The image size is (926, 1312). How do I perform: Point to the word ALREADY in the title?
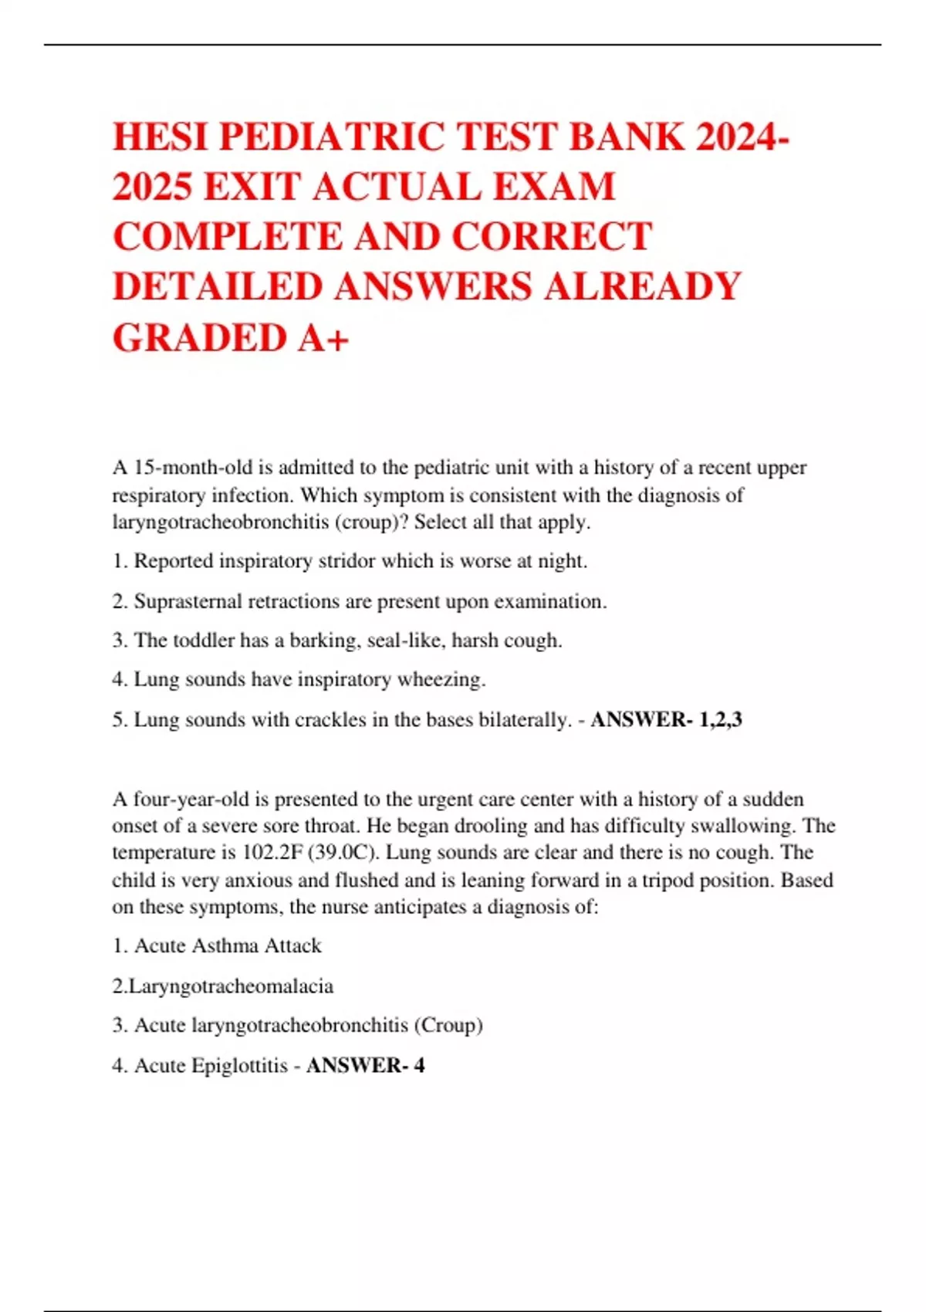click(642, 287)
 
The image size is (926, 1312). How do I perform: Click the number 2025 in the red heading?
click(152, 187)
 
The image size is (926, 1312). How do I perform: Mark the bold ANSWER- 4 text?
click(365, 1066)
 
